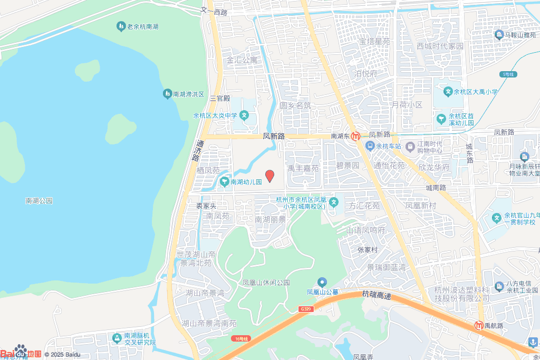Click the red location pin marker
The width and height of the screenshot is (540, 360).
click(x=269, y=176)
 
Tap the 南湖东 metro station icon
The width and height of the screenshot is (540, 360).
click(x=356, y=136)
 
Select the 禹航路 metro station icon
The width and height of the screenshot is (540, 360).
click(x=479, y=325)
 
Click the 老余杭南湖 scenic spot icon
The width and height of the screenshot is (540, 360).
click(x=121, y=26)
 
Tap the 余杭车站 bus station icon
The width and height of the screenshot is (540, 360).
click(x=370, y=146)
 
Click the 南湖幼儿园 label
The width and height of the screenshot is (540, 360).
click(x=246, y=182)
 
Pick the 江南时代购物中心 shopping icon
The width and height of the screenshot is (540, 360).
click(x=410, y=144)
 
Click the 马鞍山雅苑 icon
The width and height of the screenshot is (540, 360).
click(x=498, y=35)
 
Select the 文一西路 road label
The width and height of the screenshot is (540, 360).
click(x=214, y=11)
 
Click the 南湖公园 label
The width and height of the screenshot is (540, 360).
click(x=39, y=201)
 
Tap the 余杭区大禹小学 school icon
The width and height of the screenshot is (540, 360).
click(x=448, y=92)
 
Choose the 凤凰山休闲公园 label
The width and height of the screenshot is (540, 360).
click(x=266, y=283)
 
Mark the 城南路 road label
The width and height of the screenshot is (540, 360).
click(x=436, y=188)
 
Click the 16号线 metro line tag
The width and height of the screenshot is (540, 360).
click(x=242, y=338)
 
